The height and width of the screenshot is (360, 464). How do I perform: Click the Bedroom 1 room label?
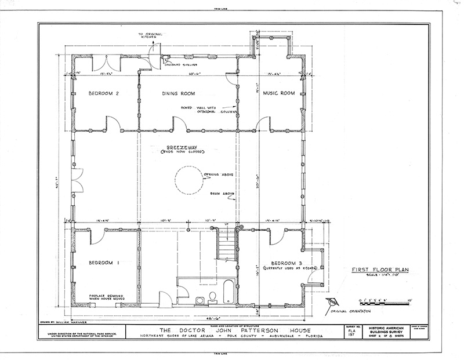point(104,263)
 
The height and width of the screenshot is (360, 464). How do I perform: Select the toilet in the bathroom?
point(212,297)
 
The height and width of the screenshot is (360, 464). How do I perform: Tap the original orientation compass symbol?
point(332,301)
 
